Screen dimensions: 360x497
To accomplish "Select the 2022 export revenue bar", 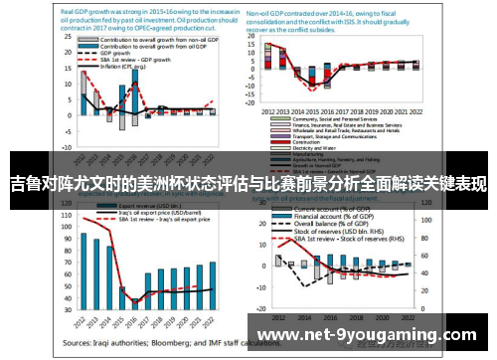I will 213,282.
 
